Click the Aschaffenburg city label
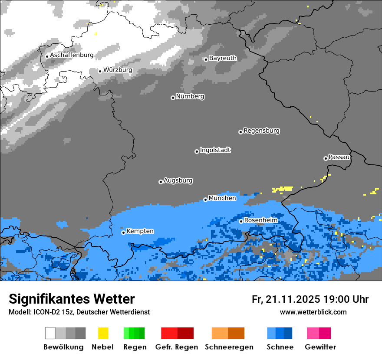pyautogui.click(x=72, y=56)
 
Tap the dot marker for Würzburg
pyautogui.click(x=100, y=71)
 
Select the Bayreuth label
pyautogui.click(x=223, y=58)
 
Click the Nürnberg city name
pyautogui.click(x=190, y=97)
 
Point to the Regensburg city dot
pyautogui.click(x=240, y=132)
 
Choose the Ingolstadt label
pyautogui.click(x=215, y=150)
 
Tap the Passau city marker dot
pyautogui.click(x=326, y=158)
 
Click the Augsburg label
pyautogui.click(x=178, y=180)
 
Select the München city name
pyautogui.click(x=222, y=198)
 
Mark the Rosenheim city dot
pyautogui.click(x=241, y=221)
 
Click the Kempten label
pyautogui.click(x=140, y=231)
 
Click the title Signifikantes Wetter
pyautogui.click(x=72, y=299)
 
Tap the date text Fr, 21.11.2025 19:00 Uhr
pyautogui.click(x=310, y=299)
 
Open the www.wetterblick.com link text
pyautogui.click(x=313, y=312)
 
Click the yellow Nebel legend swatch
pyautogui.click(x=103, y=333)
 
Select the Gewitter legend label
pyautogui.click(x=320, y=347)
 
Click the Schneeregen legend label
pyautogui.click(x=229, y=347)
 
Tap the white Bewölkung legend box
pyautogui.click(x=50, y=333)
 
